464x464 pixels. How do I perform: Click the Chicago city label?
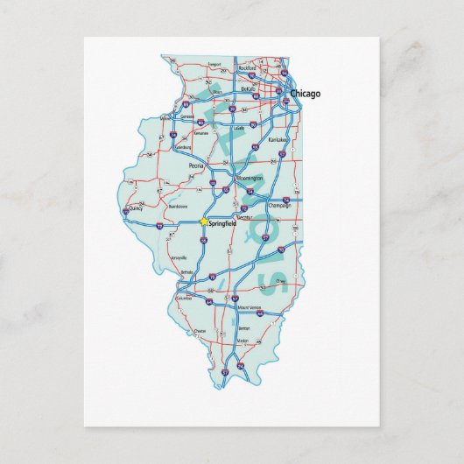coord(305,93)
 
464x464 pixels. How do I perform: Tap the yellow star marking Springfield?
coord(204,221)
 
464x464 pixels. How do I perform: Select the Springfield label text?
coord(222,225)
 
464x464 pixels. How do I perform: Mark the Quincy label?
coord(137,210)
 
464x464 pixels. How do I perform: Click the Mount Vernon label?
coord(250,307)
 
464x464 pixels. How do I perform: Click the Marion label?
coord(243,341)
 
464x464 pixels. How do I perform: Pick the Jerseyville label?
coord(179,258)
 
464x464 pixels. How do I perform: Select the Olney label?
coord(280,281)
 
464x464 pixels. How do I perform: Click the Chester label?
coord(200,331)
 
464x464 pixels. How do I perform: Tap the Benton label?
coord(243,327)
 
